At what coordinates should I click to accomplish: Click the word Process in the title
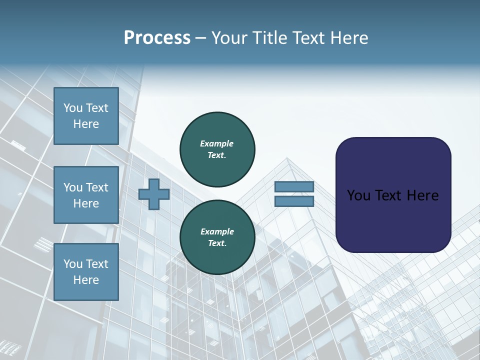click(x=157, y=38)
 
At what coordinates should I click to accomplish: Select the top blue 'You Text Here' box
click(x=86, y=116)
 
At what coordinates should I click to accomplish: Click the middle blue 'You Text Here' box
click(x=86, y=195)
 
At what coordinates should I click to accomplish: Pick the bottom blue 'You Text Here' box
click(x=86, y=272)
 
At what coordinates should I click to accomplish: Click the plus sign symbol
click(x=154, y=194)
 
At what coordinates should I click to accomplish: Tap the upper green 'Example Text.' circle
click(x=217, y=149)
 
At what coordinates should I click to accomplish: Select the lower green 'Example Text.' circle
click(x=217, y=237)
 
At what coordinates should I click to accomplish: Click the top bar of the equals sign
click(x=294, y=187)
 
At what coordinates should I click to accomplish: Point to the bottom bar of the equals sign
click(x=294, y=201)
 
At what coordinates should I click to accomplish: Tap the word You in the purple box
click(x=359, y=195)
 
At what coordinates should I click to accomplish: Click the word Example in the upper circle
click(x=217, y=143)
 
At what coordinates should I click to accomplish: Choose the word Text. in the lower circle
click(x=217, y=243)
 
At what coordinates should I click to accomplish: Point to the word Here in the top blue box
click(x=86, y=124)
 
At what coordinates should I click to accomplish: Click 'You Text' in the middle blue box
click(x=86, y=187)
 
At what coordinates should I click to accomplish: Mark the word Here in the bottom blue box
click(x=86, y=280)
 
